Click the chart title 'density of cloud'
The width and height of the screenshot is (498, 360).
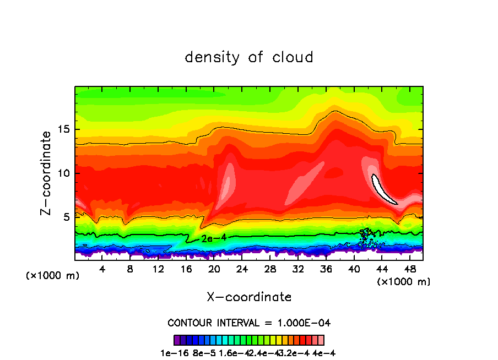pos(249,57)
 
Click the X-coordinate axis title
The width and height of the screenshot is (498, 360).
pos(249,297)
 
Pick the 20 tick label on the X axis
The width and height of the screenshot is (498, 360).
pos(214,269)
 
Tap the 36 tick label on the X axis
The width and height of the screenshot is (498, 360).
pos(326,269)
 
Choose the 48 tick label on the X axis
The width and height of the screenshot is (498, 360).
pos(410,269)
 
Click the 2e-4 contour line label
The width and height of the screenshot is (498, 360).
pos(211,239)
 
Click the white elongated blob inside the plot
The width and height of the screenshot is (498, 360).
pos(384,189)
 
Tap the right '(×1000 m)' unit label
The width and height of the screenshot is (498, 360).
pos(404,281)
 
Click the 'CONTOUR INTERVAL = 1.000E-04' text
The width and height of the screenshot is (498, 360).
pos(249,323)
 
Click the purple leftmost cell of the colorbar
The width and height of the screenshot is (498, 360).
pos(177,340)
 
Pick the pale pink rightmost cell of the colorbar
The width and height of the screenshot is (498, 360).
pos(321,340)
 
